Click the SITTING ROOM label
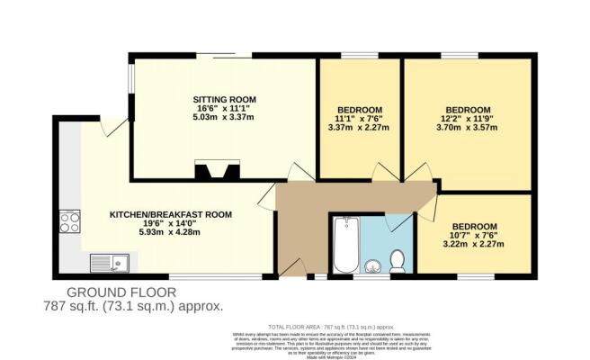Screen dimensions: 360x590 (x=224, y=99)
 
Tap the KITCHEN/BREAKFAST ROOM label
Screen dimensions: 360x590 (x=171, y=215)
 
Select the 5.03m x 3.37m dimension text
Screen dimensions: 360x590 (x=224, y=117)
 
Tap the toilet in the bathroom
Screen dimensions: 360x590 (x=399, y=262)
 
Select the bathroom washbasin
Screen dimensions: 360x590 (x=373, y=265)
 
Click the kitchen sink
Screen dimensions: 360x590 (x=110, y=263)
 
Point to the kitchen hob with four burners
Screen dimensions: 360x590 (x=69, y=221)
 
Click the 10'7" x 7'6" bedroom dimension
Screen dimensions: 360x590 (x=474, y=237)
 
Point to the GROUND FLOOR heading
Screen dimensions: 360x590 (x=121, y=292)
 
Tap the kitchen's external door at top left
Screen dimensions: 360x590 (x=115, y=130)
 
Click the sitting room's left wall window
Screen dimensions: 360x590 (x=132, y=91)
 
